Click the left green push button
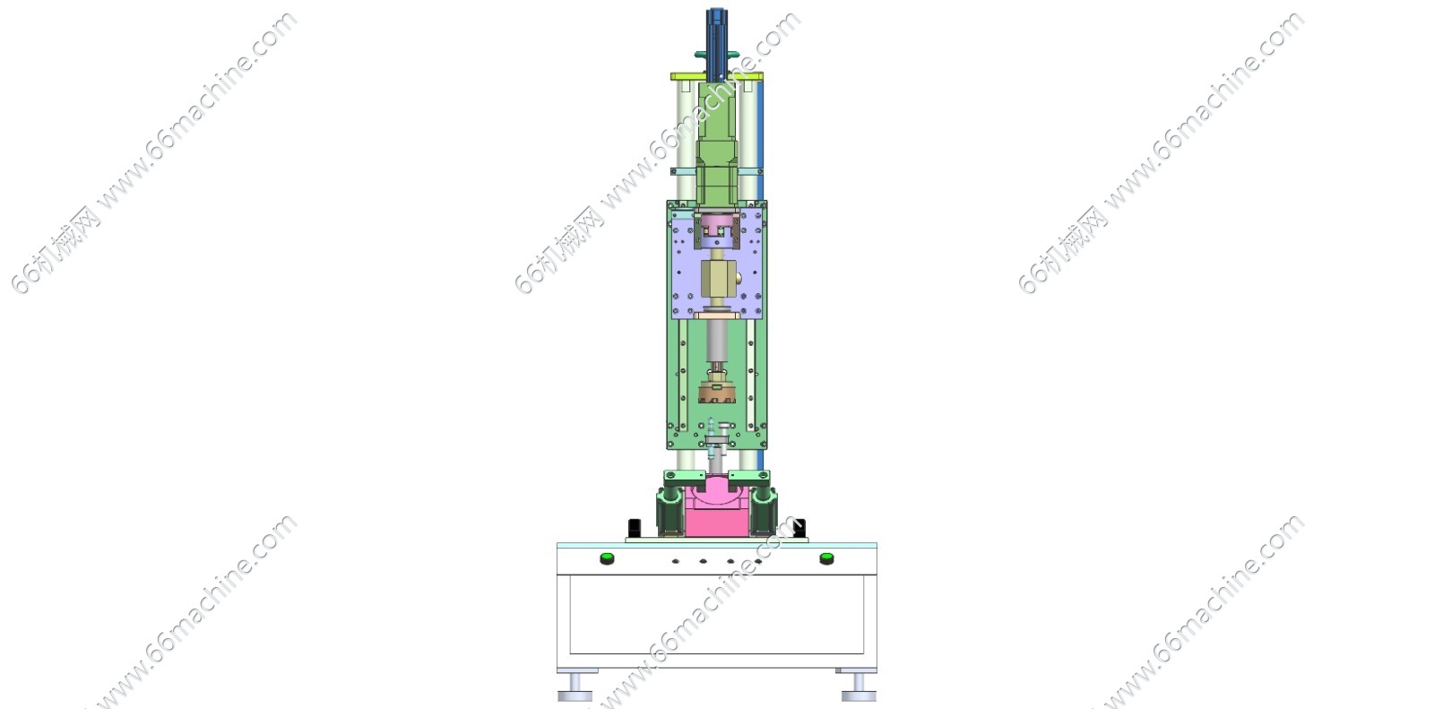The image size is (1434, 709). click(x=607, y=558)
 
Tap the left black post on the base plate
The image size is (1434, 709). click(x=634, y=528)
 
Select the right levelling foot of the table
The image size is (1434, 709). click(x=858, y=686)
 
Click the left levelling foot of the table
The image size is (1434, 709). click(x=576, y=686)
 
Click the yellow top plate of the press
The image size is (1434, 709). click(x=717, y=76)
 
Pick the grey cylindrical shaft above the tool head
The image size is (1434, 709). click(x=717, y=341)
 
